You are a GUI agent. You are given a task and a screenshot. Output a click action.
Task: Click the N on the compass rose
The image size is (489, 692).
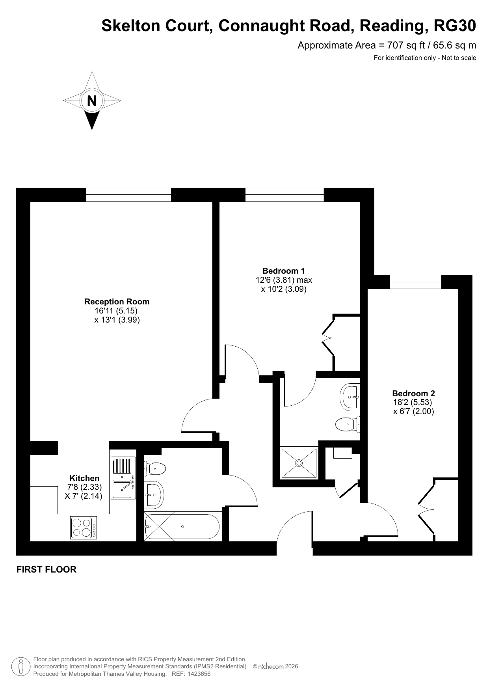coord(92,101)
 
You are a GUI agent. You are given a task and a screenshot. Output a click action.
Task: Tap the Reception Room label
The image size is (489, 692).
coord(117,302)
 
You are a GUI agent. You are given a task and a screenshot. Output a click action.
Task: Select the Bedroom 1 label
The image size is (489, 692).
coord(284,271)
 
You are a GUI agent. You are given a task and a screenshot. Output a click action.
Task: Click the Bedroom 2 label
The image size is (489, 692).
coord(413,394)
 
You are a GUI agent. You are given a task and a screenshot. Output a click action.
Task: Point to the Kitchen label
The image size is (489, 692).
coord(84,478)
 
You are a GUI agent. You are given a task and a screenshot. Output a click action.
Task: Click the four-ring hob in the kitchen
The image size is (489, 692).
coord(84,528)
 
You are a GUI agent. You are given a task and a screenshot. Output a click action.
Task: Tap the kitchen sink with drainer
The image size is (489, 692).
coord(123,478)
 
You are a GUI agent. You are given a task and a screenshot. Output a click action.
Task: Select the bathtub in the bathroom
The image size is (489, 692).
coord(182,527)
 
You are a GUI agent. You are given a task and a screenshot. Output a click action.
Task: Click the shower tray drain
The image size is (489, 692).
coord(299,463)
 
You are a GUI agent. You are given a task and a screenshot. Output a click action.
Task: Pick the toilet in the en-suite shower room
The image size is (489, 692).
coord(348,425)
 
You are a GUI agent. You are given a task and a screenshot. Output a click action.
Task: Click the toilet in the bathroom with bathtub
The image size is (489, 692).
coord(155,469)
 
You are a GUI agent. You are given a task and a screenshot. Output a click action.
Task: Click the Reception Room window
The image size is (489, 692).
coord(128,195)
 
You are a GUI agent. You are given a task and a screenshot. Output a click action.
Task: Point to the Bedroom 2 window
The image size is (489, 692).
coord(415,282)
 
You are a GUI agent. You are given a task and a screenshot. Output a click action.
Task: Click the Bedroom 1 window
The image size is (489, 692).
coord(284,195)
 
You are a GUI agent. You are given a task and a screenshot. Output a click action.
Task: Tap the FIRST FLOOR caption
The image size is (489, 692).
coord(46,569)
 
